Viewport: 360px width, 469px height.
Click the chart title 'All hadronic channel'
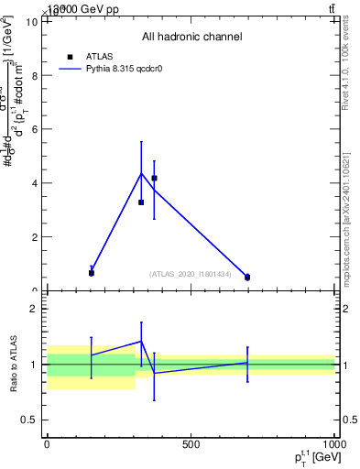pos(191,37)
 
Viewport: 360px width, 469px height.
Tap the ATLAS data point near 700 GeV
pos(247,277)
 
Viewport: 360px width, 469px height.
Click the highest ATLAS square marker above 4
pos(154,178)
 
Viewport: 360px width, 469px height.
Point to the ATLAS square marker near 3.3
pos(141,202)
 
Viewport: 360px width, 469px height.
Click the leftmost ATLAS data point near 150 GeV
pos(92,272)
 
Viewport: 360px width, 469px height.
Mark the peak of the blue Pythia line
pos(141,173)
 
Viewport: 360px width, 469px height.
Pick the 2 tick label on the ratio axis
pos(33,309)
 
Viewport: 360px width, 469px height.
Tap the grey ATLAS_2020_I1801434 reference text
pos(191,273)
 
